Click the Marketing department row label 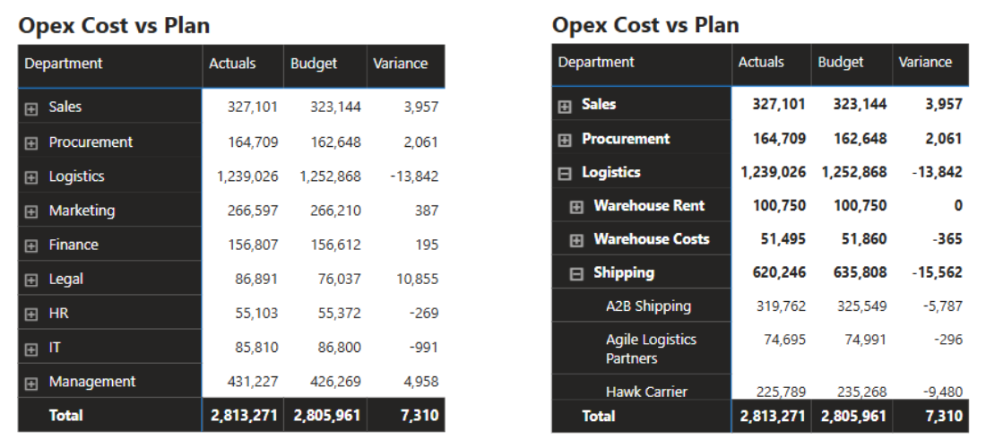click(82, 211)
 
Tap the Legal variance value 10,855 click(417, 279)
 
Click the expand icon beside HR click(31, 314)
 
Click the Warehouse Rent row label click(649, 205)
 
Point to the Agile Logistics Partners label click(651, 349)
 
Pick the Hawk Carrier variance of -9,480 click(943, 392)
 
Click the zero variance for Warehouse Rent click(957, 205)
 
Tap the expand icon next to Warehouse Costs click(577, 240)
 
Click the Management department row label click(92, 382)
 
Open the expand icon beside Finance click(31, 246)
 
